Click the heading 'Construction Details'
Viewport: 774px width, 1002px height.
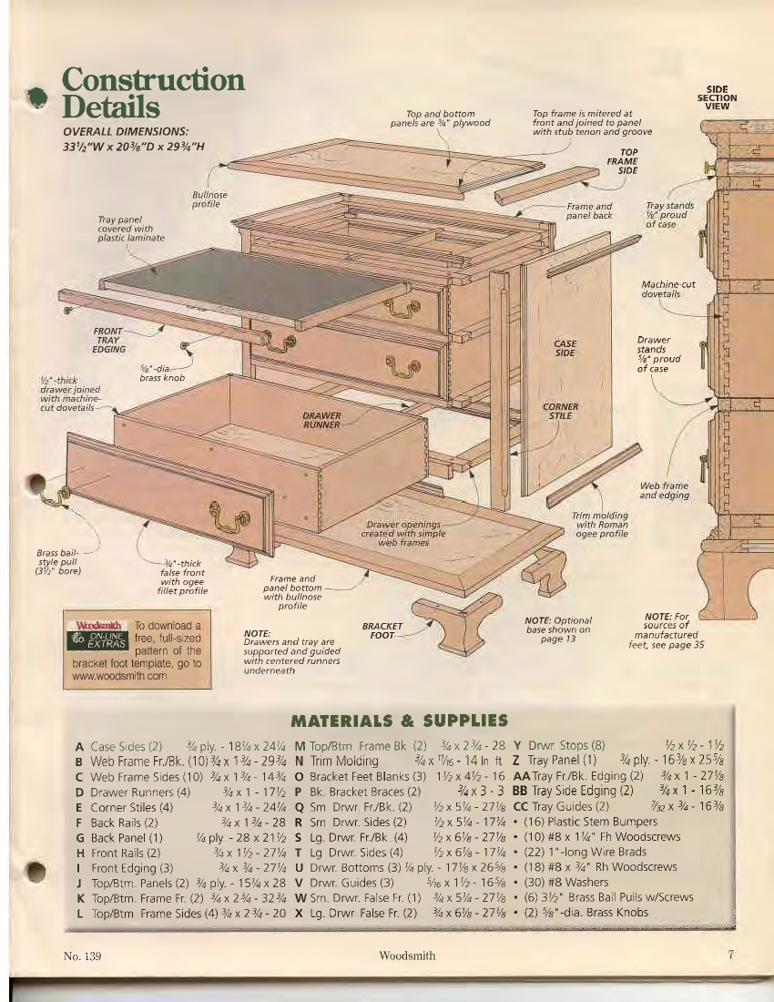[x=153, y=93]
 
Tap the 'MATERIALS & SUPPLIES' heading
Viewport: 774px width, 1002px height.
[x=399, y=721]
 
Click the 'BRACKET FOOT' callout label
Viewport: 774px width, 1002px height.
[x=382, y=630]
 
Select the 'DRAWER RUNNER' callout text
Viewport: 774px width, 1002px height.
[x=321, y=420]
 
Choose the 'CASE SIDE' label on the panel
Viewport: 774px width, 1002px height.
[x=565, y=348]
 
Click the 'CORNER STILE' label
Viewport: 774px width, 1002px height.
[x=560, y=411]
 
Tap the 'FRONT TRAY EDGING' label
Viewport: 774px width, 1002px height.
[x=108, y=340]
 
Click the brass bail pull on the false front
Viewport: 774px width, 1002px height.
[x=229, y=513]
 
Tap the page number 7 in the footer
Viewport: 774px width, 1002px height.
[x=731, y=955]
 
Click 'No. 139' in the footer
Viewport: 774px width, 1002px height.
[x=82, y=956]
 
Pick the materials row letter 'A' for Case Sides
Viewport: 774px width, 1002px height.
[x=78, y=746]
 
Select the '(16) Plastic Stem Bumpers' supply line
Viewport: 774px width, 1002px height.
[x=590, y=822]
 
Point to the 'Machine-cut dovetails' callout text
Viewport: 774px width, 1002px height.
[x=668, y=290]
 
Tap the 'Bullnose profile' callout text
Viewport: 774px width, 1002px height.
[x=209, y=199]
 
